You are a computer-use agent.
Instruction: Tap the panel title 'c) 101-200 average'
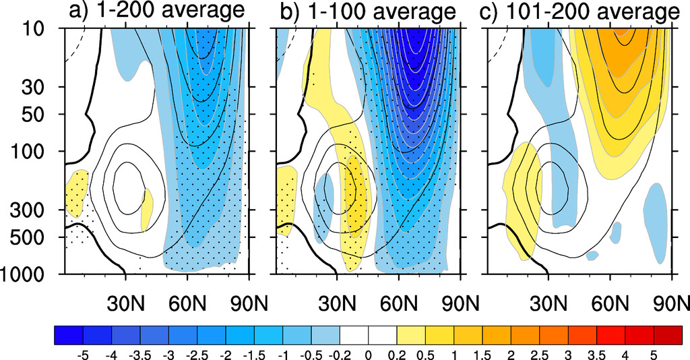coord(582,11)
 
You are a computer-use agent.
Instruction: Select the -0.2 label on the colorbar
coord(340,353)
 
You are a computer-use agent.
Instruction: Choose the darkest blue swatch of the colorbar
coord(68,334)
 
